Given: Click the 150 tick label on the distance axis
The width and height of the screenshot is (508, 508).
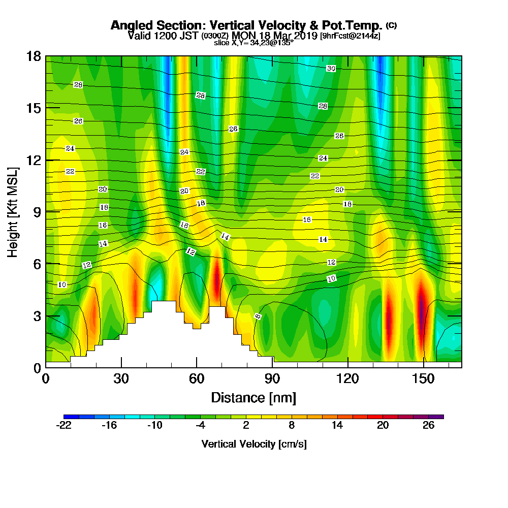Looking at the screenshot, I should point(423,379).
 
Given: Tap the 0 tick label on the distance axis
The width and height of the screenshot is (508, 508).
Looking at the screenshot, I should point(46,379).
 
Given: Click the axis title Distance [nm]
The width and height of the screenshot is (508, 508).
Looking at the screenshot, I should point(253,397).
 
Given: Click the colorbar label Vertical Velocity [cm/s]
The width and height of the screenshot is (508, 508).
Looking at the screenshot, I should point(253,444).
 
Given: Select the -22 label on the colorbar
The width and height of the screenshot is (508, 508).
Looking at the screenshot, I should point(65,426).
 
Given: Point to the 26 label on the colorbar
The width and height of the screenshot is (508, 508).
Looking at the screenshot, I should point(428,426).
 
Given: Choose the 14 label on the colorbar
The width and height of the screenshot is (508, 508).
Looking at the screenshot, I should point(337,426).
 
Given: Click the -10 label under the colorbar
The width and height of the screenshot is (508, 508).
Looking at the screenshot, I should point(154,426).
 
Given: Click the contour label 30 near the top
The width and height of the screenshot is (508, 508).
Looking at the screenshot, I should point(331,68).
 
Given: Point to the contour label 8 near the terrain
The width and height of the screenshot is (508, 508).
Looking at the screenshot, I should point(258,316).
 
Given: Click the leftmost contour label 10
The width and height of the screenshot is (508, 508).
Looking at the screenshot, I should point(62,284).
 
